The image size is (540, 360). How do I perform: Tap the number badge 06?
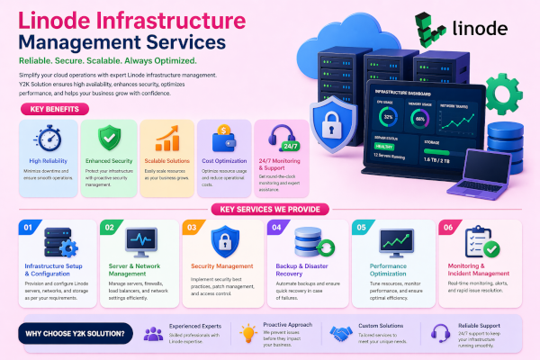tap(447, 227)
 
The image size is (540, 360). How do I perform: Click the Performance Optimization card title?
tap(388, 271)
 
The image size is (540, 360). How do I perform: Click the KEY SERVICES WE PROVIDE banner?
tap(269, 208)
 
